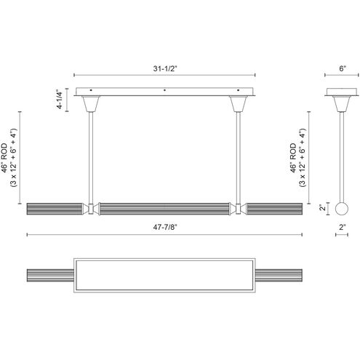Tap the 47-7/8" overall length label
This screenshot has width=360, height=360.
pyautogui.click(x=165, y=227)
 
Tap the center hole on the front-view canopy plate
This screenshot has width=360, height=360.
pyautogui.click(x=166, y=91)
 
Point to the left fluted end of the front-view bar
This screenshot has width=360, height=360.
pyautogui.click(x=55, y=209)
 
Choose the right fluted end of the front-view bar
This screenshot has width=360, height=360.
pyautogui.click(x=276, y=209)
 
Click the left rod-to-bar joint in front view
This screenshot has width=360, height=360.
pyautogui.click(x=92, y=209)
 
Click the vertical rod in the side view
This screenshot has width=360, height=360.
pyautogui.click(x=343, y=156)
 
